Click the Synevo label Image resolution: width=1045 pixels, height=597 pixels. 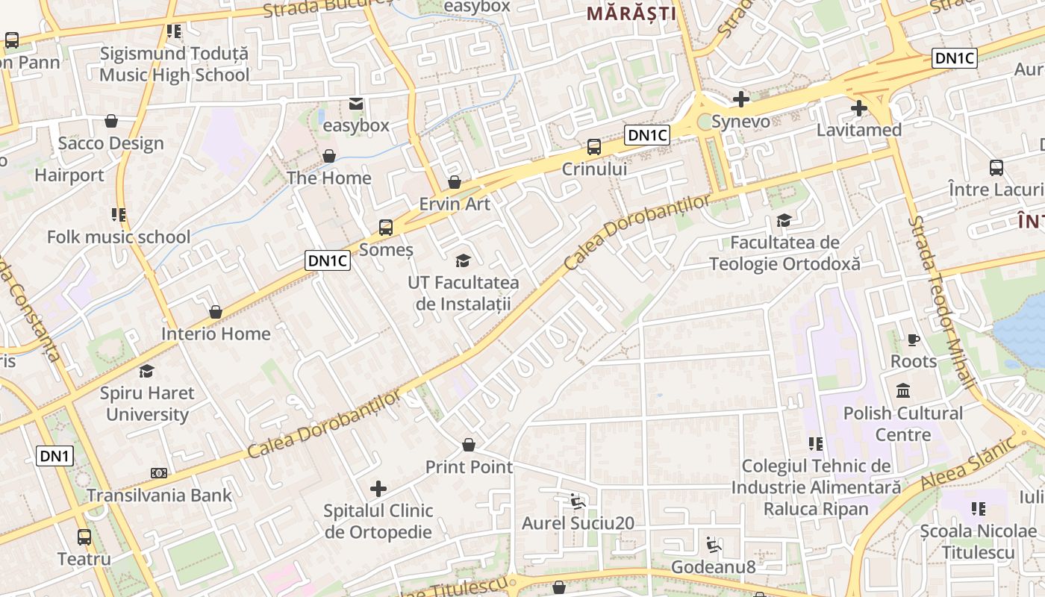(x=740, y=121)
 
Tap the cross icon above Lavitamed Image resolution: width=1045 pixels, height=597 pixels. (x=858, y=108)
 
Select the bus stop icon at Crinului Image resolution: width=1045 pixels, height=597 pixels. (x=594, y=147)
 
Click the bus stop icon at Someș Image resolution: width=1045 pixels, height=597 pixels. (x=386, y=228)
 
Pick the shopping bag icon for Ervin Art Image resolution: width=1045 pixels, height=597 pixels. (x=455, y=182)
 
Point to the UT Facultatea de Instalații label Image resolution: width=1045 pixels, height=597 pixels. (x=463, y=293)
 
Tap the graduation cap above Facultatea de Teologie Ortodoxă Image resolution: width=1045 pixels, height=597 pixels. (x=784, y=221)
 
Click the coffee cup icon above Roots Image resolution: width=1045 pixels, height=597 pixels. (x=914, y=340)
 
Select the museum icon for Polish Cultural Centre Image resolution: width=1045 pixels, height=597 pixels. (x=903, y=390)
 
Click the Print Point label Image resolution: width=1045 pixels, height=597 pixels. (x=469, y=467)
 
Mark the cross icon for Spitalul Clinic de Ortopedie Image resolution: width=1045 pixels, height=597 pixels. (x=378, y=489)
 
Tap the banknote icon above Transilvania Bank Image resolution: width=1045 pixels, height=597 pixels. (x=158, y=473)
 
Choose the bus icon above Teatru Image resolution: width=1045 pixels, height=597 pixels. (x=84, y=537)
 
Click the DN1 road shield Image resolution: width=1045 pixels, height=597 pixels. (x=55, y=455)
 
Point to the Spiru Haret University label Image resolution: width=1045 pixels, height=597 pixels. (x=147, y=404)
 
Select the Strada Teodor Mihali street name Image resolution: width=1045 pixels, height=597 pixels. (x=941, y=302)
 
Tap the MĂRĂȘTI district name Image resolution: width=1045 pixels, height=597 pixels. (x=631, y=13)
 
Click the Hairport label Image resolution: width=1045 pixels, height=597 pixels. (x=69, y=175)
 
